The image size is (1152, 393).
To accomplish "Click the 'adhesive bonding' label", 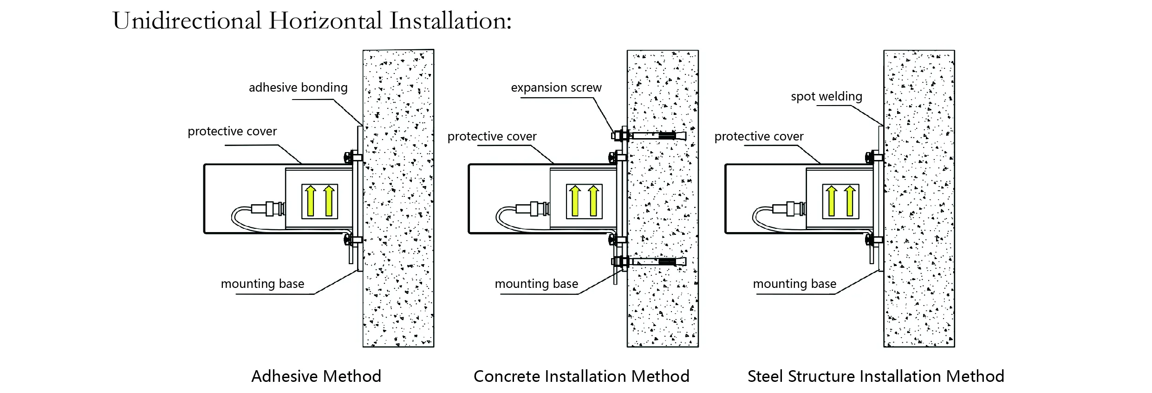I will [298, 87].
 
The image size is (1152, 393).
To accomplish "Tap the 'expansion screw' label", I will [556, 87].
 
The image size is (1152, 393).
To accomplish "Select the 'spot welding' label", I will [826, 96].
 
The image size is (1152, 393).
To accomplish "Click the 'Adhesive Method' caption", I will [316, 376].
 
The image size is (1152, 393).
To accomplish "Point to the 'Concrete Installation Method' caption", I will [581, 376].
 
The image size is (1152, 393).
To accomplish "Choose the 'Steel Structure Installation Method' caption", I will [876, 376].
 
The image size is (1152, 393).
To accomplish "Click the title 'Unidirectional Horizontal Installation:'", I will [312, 21].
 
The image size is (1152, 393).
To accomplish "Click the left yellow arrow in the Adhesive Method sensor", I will [311, 201].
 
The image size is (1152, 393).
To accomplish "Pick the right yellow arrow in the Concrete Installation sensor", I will [593, 201].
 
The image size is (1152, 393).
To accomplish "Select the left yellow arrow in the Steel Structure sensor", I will [832, 201].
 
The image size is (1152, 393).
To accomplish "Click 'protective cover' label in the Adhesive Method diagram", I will [232, 132].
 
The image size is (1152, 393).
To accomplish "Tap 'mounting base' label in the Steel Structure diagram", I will [794, 284].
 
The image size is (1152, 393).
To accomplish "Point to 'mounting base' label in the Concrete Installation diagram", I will [536, 284].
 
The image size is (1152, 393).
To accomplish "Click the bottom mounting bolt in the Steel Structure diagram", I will [872, 240].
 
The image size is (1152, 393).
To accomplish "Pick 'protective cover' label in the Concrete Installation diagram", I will [492, 137].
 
